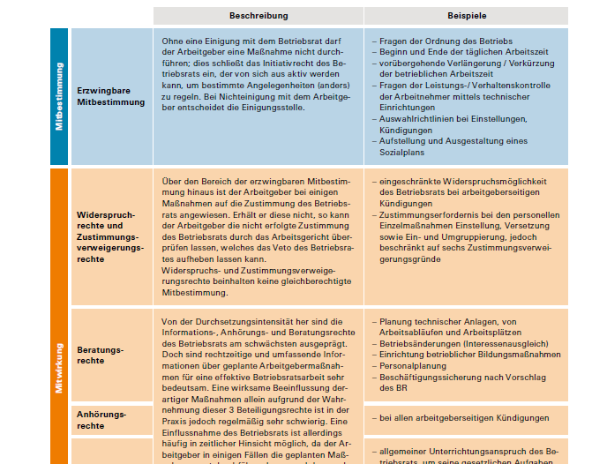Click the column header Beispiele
pos(467,17)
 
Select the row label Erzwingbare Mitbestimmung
pos(111,96)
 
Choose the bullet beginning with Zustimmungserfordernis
pos(468,214)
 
